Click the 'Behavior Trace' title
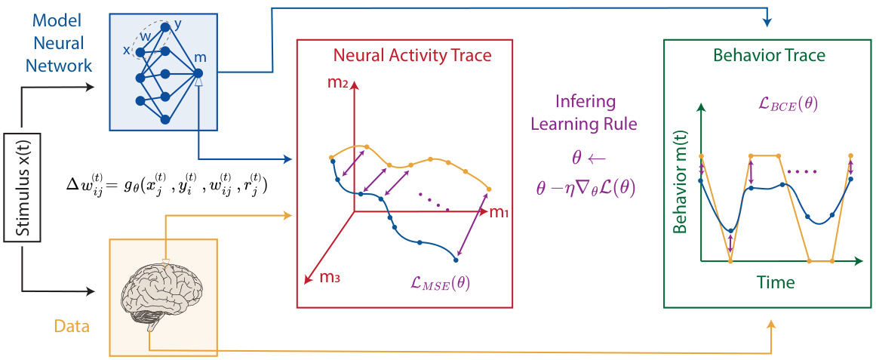point(767,55)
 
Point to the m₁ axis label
point(499,214)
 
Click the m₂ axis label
point(337,82)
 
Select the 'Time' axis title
point(776,283)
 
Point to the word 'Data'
point(72,327)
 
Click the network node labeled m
point(198,73)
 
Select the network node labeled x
point(140,51)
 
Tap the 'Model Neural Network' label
point(58,42)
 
